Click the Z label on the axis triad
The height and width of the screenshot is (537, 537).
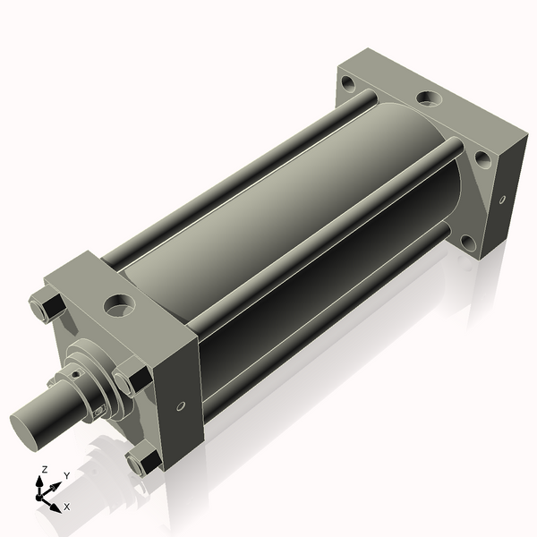[45, 469]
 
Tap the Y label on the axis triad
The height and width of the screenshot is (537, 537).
[66, 475]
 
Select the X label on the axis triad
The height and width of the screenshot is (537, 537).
[67, 507]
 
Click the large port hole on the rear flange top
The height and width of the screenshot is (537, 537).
[429, 96]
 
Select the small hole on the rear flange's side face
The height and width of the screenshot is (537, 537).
[501, 199]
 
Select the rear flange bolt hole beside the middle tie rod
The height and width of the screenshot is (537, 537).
[482, 160]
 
